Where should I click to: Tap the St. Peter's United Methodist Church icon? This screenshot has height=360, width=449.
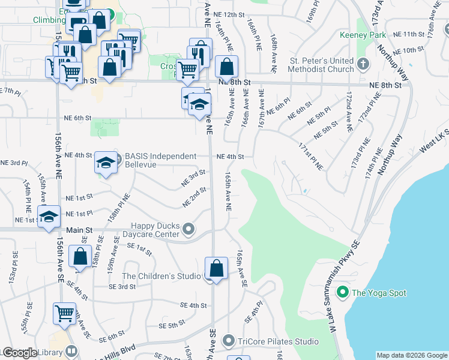pyautogui.click(x=363, y=62)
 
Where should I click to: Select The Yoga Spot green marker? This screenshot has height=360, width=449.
pyautogui.click(x=343, y=293)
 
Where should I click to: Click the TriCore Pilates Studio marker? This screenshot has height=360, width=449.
pyautogui.click(x=228, y=341)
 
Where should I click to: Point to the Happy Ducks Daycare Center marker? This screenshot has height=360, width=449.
pyautogui.click(x=188, y=229)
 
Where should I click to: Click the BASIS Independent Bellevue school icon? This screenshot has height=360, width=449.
pyautogui.click(x=106, y=162)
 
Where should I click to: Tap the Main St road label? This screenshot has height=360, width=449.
pyautogui.click(x=80, y=230)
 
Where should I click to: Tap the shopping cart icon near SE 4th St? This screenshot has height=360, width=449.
pyautogui.click(x=65, y=313)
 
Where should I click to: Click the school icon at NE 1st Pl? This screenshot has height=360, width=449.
pyautogui.click(x=49, y=216)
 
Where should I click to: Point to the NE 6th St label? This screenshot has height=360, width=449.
pyautogui.click(x=77, y=118)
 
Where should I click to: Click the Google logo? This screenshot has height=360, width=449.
pyautogui.click(x=19, y=353)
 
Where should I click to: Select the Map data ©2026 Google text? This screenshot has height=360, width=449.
pyautogui.click(x=412, y=355)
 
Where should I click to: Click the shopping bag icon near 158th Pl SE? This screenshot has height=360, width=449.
pyautogui.click(x=80, y=256)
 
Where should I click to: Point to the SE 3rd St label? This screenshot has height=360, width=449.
pyautogui.click(x=122, y=287)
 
